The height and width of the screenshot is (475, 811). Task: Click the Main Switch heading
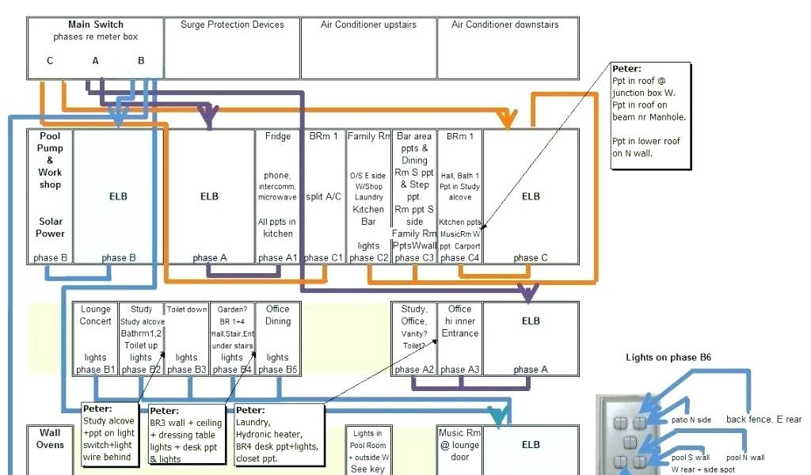(x=96, y=25)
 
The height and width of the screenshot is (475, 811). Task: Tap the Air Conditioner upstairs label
(x=368, y=25)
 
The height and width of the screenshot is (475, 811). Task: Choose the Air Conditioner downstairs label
(x=505, y=25)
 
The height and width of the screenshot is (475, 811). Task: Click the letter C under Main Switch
(x=50, y=60)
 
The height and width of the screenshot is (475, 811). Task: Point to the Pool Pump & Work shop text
(x=50, y=160)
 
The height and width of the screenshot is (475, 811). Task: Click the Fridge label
(x=278, y=136)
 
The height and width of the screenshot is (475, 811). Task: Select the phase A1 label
(x=278, y=257)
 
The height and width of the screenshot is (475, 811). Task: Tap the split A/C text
(x=324, y=196)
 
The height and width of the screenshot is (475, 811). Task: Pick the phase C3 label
(x=414, y=257)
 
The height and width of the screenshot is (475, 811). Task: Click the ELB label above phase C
(x=531, y=196)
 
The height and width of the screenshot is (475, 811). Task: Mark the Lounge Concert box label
(x=96, y=315)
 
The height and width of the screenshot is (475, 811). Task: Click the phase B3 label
(x=187, y=369)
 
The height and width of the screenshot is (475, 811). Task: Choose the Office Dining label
(x=278, y=315)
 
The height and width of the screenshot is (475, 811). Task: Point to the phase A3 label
(x=459, y=369)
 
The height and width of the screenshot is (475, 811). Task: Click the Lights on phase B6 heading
(x=668, y=358)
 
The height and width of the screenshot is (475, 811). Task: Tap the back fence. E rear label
(x=763, y=420)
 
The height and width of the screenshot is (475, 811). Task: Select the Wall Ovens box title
(x=50, y=439)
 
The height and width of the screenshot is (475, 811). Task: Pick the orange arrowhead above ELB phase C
(x=506, y=120)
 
